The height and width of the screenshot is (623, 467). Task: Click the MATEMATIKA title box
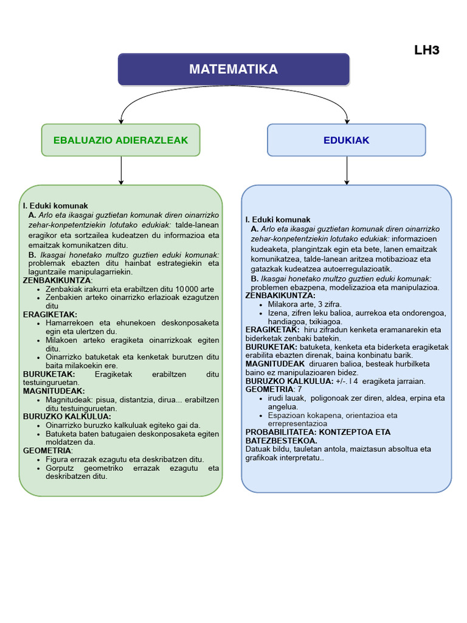pyautogui.click(x=233, y=69)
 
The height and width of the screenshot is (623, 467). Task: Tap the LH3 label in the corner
pyautogui.click(x=427, y=50)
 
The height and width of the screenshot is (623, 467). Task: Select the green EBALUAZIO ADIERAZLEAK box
pyautogui.click(x=120, y=140)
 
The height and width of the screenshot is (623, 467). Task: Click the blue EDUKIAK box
pyautogui.click(x=347, y=140)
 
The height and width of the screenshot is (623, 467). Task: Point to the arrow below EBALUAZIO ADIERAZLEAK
pyautogui.click(x=122, y=170)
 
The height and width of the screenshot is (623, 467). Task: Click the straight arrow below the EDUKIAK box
pyautogui.click(x=347, y=170)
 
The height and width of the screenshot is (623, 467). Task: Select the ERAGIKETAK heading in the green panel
pyautogui.click(x=50, y=315)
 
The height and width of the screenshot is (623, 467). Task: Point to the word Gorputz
pyautogui.click(x=61, y=468)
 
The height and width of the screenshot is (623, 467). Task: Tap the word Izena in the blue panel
pyautogui.click(x=278, y=313)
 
